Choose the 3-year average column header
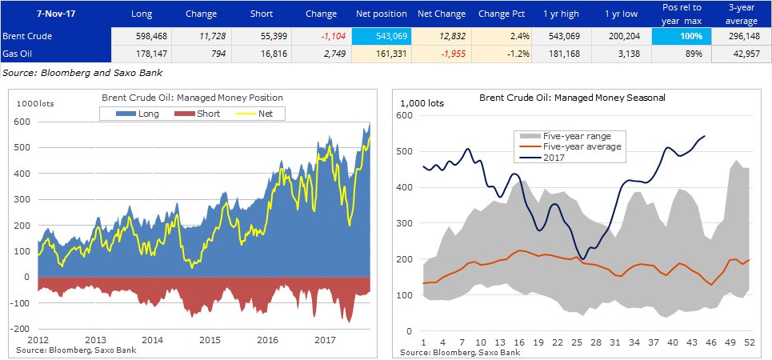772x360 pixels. pyautogui.click(x=741, y=14)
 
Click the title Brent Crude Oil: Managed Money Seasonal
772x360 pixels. pyautogui.click(x=572, y=97)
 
